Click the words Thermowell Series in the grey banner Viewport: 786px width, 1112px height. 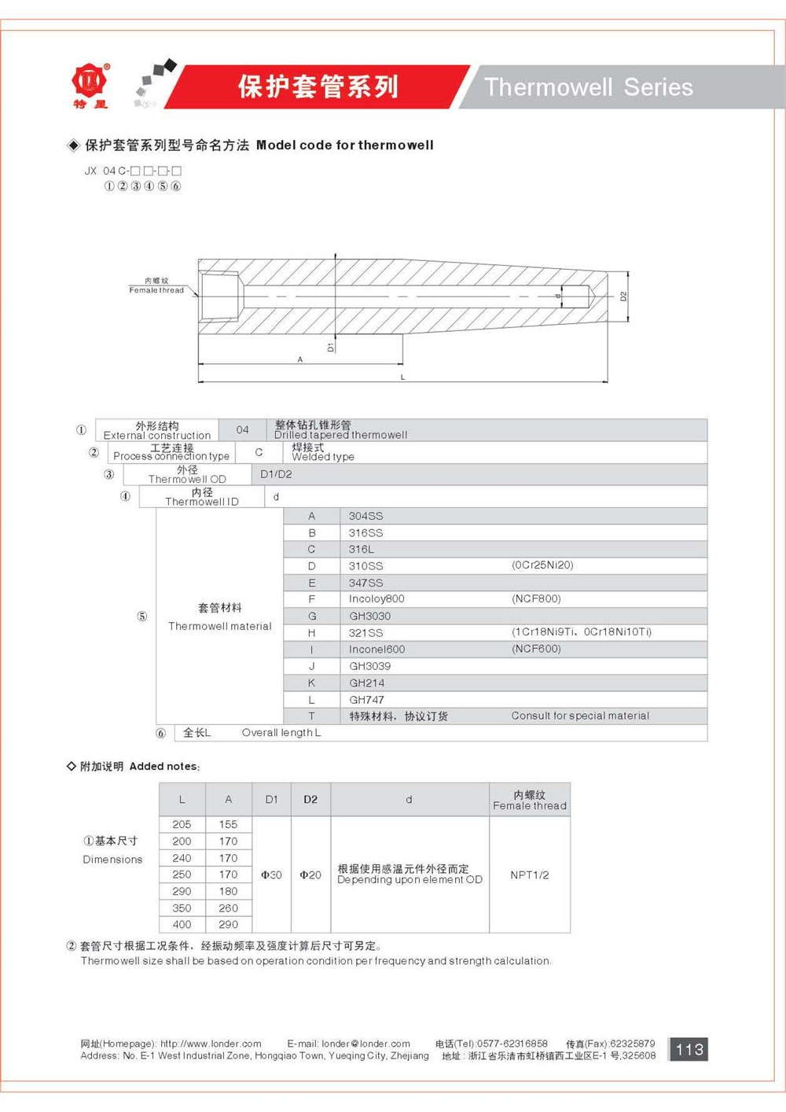(x=588, y=87)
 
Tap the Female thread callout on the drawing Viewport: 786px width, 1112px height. (x=156, y=286)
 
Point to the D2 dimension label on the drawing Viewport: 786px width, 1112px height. (x=623, y=296)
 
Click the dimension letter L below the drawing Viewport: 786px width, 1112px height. (x=402, y=377)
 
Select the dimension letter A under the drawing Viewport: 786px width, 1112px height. (x=300, y=359)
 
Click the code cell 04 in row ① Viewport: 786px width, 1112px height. (x=242, y=429)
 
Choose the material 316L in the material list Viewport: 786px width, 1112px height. (x=362, y=549)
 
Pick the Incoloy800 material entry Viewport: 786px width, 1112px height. (x=376, y=598)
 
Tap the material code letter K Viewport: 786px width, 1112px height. (x=311, y=683)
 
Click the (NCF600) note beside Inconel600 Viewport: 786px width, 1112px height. (x=536, y=649)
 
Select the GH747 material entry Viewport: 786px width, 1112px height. (x=366, y=700)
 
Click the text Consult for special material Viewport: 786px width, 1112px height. (x=580, y=716)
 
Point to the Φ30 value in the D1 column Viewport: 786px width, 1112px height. (x=271, y=875)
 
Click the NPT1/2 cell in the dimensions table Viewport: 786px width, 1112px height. (x=529, y=875)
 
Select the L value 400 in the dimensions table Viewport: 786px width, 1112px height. (x=182, y=924)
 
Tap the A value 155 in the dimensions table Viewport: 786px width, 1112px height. (x=228, y=824)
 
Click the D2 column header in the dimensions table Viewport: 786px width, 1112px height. (x=310, y=799)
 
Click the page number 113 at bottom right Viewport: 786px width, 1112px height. (x=689, y=1049)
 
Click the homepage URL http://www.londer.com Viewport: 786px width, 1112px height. (x=211, y=1044)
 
